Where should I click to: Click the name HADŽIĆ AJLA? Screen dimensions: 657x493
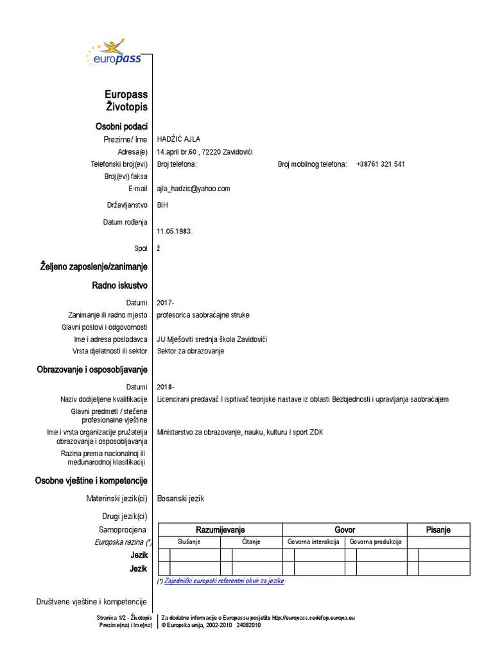point(180,139)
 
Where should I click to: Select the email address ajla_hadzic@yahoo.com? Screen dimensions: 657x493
point(193,189)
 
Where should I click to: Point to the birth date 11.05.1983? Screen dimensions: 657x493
point(175,232)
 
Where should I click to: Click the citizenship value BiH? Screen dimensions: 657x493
point(163,206)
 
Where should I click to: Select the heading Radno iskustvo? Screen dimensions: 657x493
point(120,284)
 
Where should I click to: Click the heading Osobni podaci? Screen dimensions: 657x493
point(122,126)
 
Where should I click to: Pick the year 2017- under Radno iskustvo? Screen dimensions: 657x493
point(166,302)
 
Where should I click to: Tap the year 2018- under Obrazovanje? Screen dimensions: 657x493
point(166,387)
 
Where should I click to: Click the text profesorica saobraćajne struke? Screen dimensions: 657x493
point(203,315)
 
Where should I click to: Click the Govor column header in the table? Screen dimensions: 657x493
point(345,530)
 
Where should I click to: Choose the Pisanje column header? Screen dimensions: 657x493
point(438,530)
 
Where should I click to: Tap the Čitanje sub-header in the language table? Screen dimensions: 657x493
point(251,542)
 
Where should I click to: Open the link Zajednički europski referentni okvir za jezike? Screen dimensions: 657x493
point(224,581)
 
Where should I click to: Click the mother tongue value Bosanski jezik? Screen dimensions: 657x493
point(180,499)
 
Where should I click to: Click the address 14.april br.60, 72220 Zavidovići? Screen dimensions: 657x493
point(205,151)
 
